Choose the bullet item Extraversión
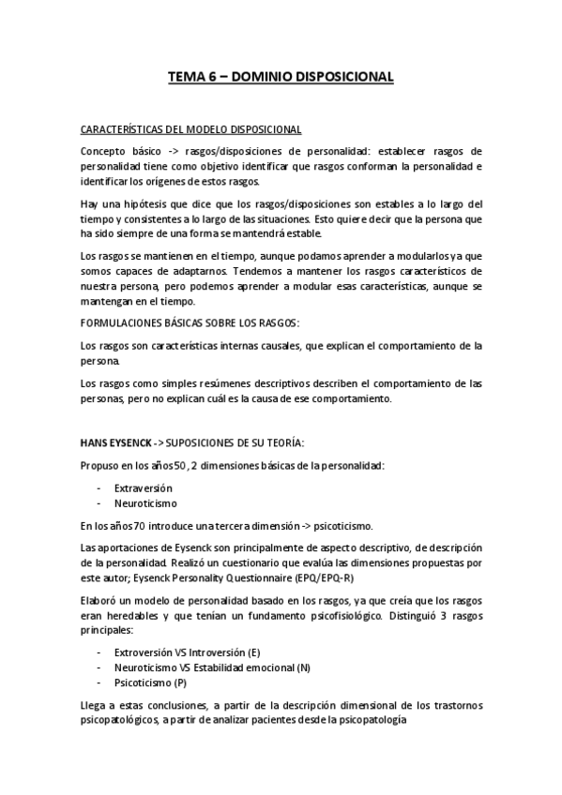[x=144, y=488]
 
